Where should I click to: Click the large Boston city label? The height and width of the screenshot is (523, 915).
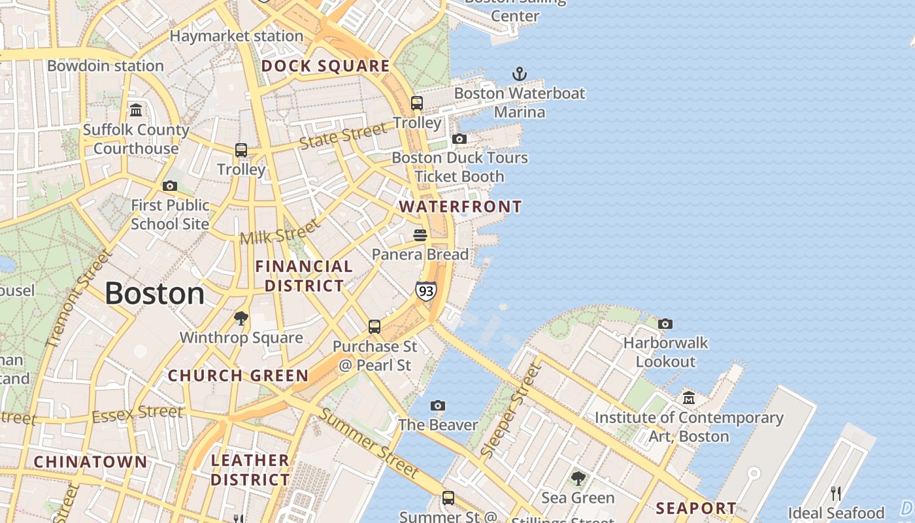click(155, 294)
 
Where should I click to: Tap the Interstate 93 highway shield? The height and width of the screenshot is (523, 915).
click(425, 290)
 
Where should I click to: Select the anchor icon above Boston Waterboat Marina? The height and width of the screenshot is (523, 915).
click(519, 74)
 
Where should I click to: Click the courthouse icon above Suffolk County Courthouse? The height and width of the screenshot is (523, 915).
click(136, 110)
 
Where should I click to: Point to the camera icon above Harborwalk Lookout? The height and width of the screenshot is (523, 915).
click(665, 324)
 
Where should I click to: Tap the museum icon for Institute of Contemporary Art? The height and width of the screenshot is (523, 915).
click(689, 397)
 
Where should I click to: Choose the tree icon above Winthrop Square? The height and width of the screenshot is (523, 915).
click(241, 318)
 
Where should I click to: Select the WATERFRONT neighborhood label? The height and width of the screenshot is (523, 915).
click(460, 207)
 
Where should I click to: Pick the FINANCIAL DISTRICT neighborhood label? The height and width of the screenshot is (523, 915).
click(304, 276)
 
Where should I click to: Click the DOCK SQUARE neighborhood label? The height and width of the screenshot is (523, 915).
click(325, 66)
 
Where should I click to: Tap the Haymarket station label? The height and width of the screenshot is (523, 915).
click(237, 36)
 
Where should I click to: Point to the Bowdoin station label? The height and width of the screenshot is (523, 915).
click(105, 66)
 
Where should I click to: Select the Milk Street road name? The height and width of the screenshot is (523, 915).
click(280, 231)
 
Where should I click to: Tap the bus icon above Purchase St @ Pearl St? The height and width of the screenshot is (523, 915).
click(374, 326)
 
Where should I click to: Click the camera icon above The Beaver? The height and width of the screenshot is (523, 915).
click(438, 406)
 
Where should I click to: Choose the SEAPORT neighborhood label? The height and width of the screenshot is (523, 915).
click(695, 508)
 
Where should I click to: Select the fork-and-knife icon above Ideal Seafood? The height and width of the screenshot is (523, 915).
click(835, 493)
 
